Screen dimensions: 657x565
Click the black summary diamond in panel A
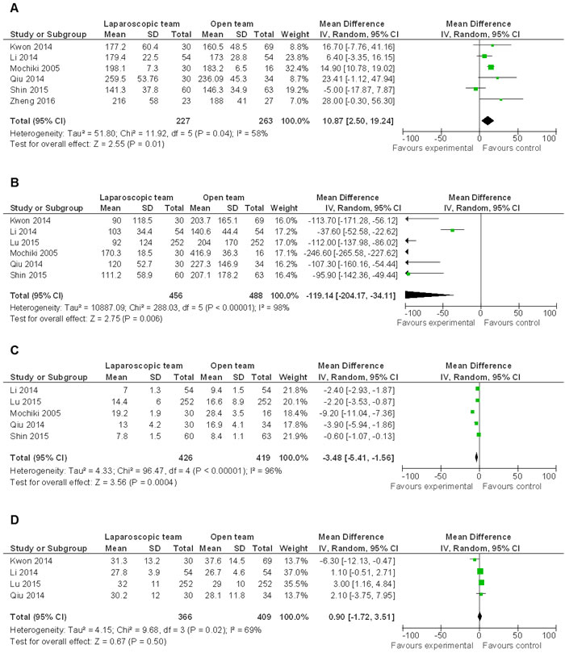(488, 120)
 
